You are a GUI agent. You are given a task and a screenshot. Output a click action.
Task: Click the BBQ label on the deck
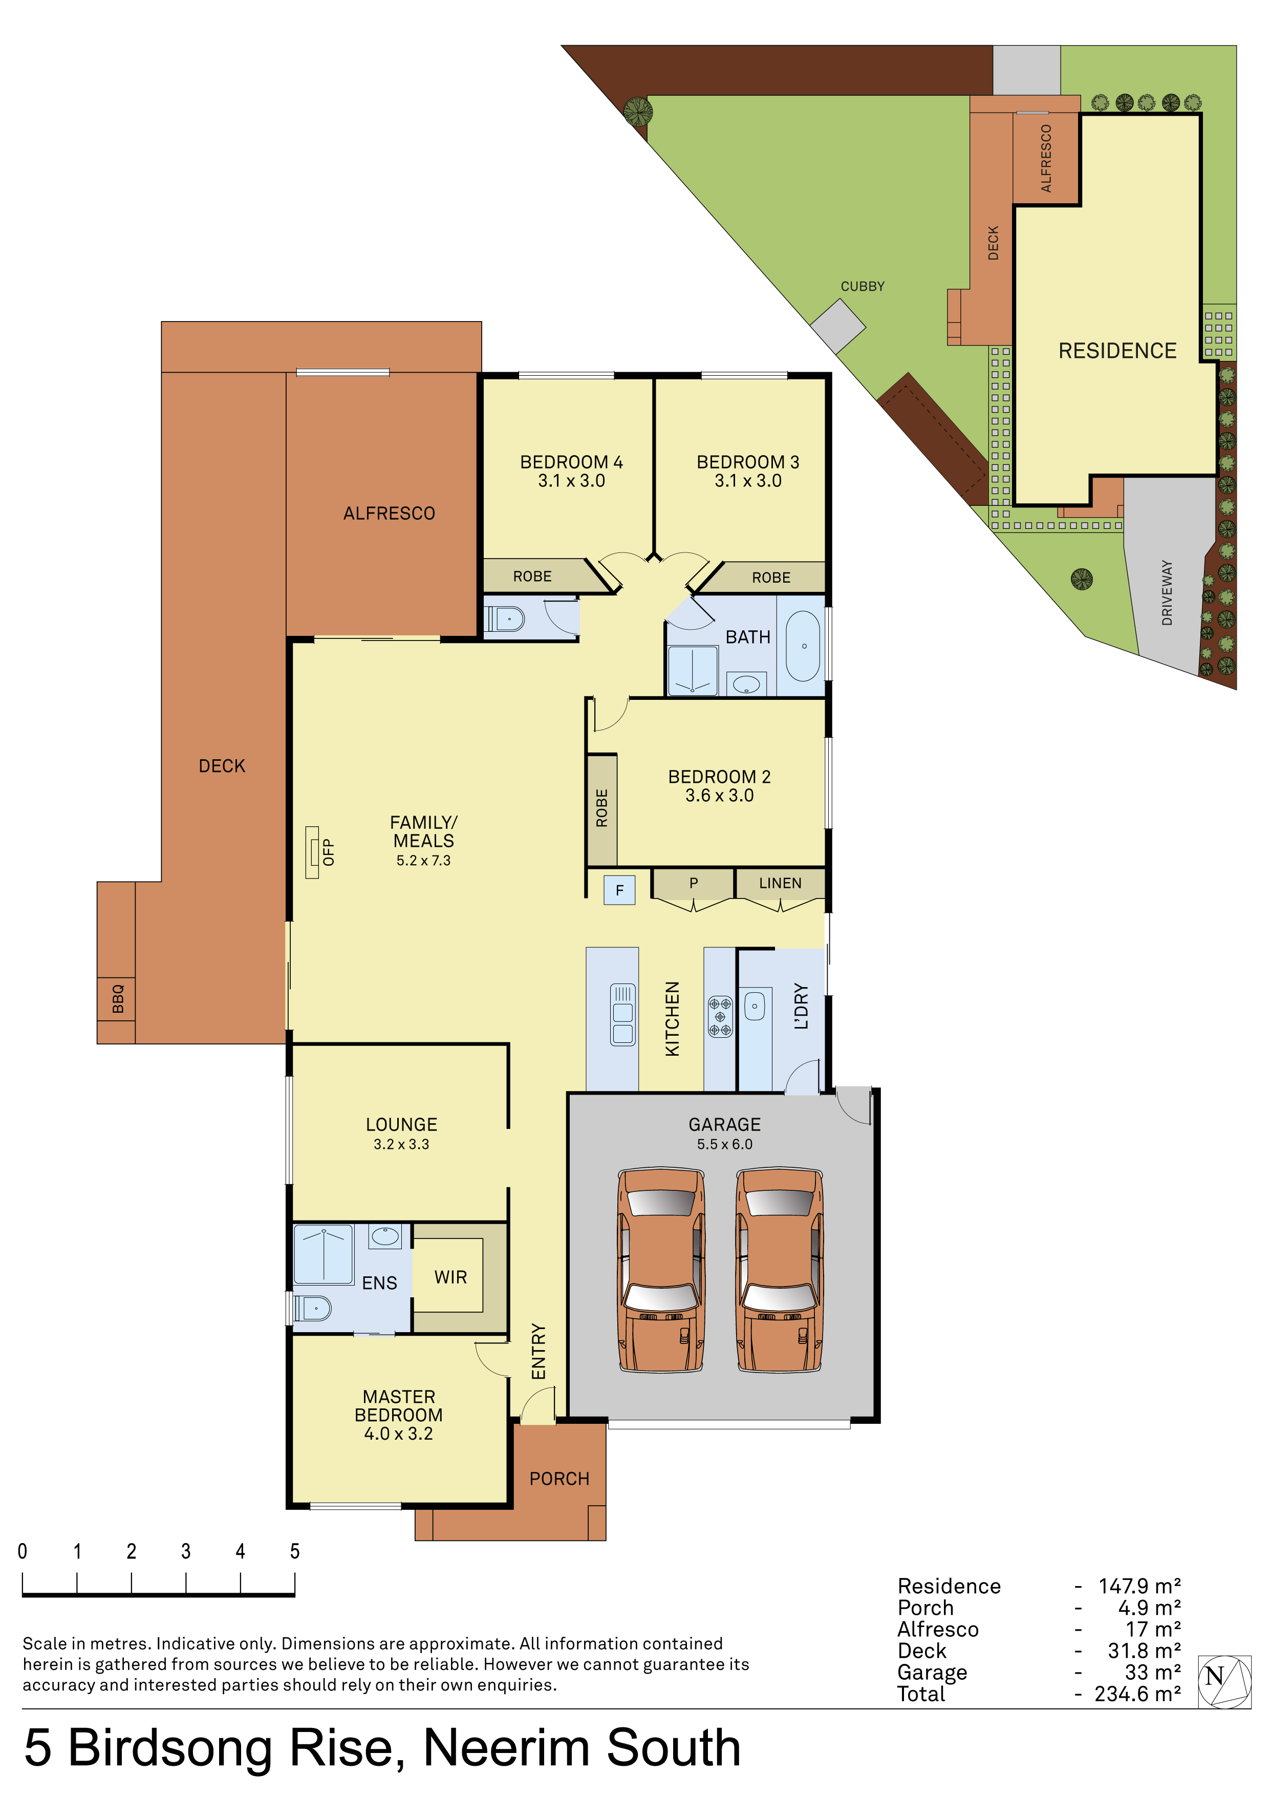click(117, 999)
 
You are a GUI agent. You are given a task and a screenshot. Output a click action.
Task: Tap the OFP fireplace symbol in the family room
click(313, 852)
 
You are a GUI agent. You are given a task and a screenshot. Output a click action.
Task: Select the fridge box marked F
click(619, 890)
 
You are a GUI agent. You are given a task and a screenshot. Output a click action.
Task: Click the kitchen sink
click(622, 1014)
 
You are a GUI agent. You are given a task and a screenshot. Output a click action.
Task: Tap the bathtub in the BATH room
click(803, 646)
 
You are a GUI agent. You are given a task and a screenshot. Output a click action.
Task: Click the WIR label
click(450, 1277)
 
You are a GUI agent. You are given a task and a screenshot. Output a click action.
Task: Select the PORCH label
click(559, 1479)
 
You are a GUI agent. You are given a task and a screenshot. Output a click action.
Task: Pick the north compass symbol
click(1224, 1682)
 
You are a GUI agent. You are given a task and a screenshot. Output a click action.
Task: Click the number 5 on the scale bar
click(295, 1551)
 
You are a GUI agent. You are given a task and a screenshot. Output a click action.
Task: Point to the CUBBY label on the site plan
click(863, 286)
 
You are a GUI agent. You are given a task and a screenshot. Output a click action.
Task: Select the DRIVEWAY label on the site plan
click(1167, 592)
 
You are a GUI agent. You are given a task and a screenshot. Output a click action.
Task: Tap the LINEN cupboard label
click(780, 883)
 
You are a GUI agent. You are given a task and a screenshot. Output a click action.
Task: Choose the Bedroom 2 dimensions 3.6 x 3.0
click(719, 796)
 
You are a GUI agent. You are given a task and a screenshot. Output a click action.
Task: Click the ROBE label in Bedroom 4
click(532, 576)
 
